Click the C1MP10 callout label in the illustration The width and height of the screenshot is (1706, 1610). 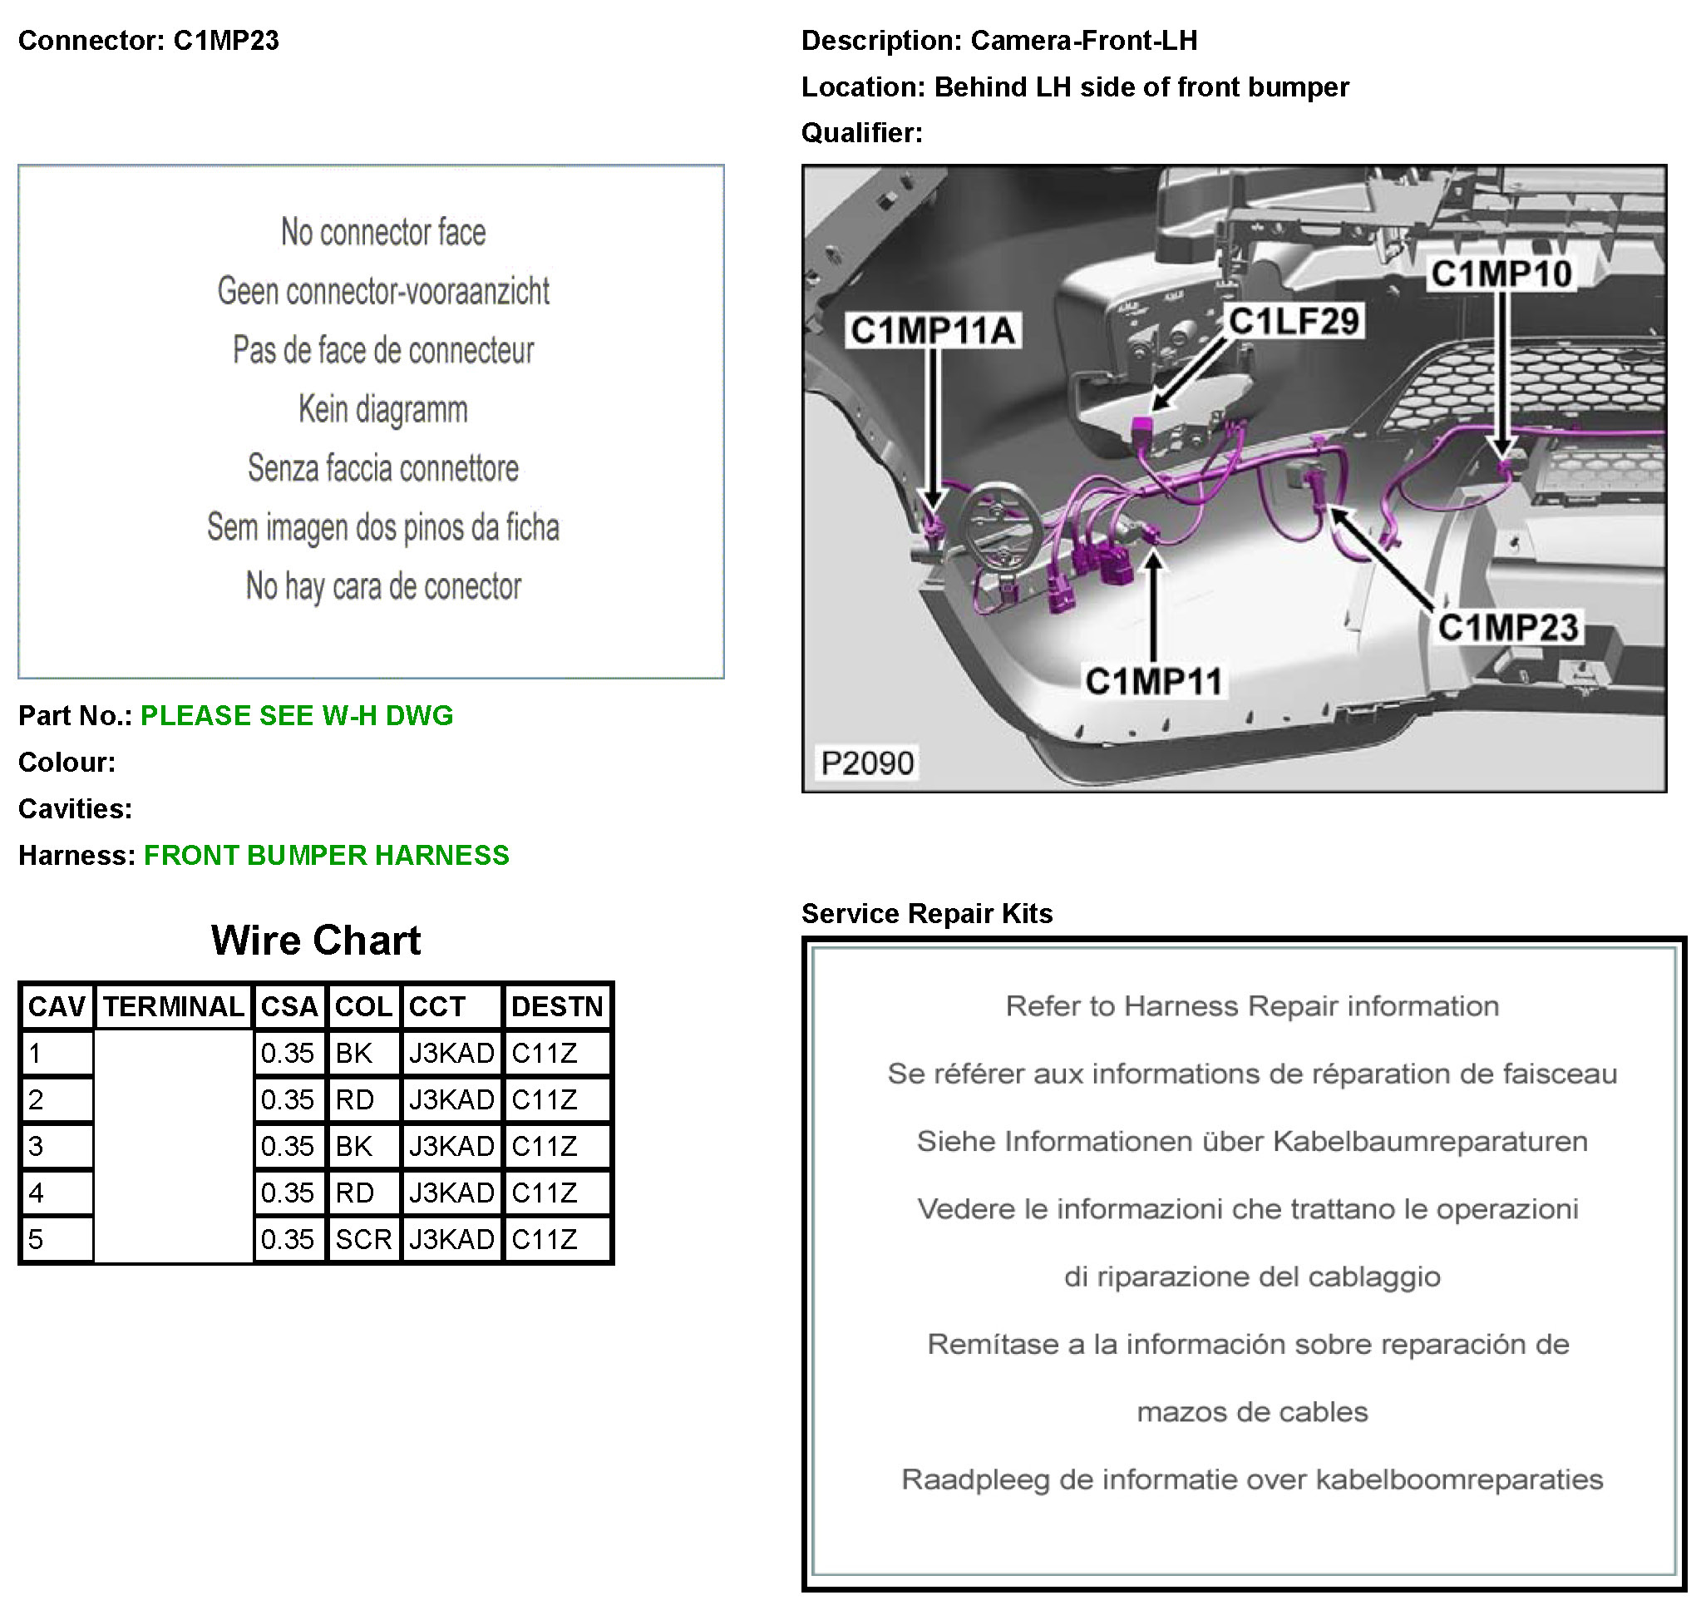point(1501,274)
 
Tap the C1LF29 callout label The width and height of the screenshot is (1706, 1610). point(1294,322)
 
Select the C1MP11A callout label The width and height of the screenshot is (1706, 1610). point(933,330)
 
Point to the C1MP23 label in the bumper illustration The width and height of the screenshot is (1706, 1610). point(1508,627)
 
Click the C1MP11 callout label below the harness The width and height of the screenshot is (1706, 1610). point(1153,681)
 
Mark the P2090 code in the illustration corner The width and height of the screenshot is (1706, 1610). point(867,763)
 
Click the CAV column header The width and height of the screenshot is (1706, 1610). point(57,1005)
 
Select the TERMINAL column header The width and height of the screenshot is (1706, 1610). point(174,1005)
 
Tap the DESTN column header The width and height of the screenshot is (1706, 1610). point(557,1005)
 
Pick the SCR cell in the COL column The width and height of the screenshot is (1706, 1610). point(363,1239)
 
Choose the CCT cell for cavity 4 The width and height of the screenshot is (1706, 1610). point(451,1193)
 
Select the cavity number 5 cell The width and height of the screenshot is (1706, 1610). point(57,1239)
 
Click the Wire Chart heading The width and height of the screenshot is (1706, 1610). point(316,941)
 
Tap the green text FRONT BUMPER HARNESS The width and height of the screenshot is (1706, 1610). point(326,856)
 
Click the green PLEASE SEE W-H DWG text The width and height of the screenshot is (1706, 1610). point(296,716)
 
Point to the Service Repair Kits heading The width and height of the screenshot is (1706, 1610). point(927,913)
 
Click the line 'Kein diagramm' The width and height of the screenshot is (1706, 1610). point(382,409)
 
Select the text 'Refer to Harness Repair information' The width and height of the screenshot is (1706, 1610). point(1252,1005)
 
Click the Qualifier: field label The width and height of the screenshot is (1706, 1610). point(861,133)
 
